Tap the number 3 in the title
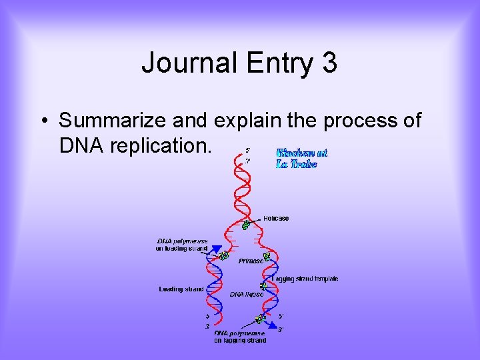329,63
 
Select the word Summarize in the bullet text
112,121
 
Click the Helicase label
275,218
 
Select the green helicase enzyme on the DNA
246,225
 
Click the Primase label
251,261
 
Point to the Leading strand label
181,289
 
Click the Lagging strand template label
305,279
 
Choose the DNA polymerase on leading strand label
182,245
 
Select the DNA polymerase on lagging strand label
239,336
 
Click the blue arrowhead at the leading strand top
216,249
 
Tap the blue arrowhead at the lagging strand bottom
273,325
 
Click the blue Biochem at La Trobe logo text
301,158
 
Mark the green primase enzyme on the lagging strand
267,255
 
